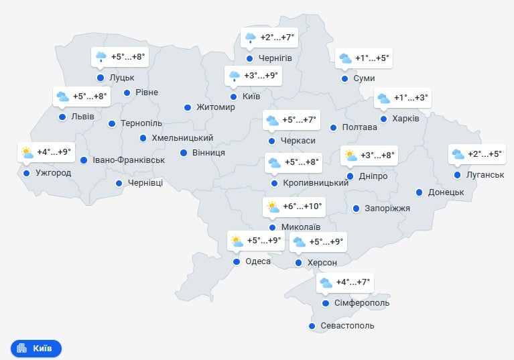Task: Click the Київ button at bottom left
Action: pyautogui.click(x=36, y=349)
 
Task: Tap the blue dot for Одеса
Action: pyautogui.click(x=236, y=262)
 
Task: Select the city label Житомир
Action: pyautogui.click(x=216, y=107)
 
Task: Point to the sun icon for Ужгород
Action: pyautogui.click(x=27, y=152)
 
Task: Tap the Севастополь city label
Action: pyautogui.click(x=347, y=326)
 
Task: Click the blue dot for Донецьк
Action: pyautogui.click(x=420, y=192)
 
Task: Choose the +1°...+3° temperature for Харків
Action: pyautogui.click(x=411, y=99)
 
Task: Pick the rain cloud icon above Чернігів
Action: pyautogui.click(x=251, y=38)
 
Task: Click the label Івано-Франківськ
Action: pyautogui.click(x=129, y=160)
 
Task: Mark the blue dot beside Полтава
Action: pyautogui.click(x=333, y=127)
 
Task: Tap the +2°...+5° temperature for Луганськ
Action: pyautogui.click(x=485, y=154)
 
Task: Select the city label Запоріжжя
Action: pyautogui.click(x=387, y=208)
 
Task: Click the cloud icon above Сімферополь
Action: pyautogui.click(x=326, y=283)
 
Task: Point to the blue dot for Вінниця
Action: pyautogui.click(x=184, y=152)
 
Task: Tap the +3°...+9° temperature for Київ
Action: pyautogui.click(x=261, y=76)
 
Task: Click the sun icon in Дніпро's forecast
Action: pyautogui.click(x=350, y=156)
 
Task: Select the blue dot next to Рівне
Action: pyautogui.click(x=127, y=92)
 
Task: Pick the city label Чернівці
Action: pyautogui.click(x=145, y=183)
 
